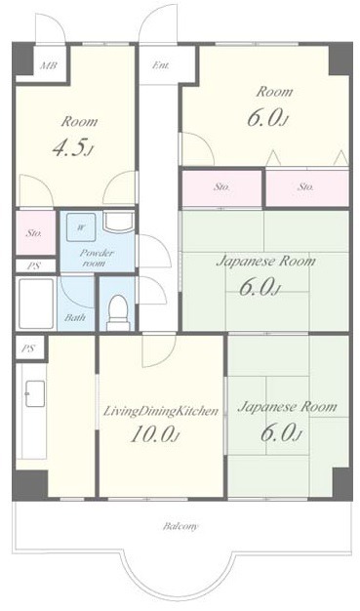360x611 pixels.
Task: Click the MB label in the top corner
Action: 49,64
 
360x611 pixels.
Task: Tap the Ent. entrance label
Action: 161,65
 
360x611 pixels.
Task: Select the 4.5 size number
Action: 73,148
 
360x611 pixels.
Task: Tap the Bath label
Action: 75,317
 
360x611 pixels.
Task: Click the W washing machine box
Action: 81,227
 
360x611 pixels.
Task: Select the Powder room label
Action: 97,258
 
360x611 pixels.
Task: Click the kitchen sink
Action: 35,393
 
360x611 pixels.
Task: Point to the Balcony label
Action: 180,526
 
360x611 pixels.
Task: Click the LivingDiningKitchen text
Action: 160,412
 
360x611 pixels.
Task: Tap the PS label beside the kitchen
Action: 27,348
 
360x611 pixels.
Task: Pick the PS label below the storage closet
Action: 33,266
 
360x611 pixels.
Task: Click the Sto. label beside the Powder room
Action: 34,234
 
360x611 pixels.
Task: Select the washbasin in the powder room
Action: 118,223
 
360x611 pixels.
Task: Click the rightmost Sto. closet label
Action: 305,187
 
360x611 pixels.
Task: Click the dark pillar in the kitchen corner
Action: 31,483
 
